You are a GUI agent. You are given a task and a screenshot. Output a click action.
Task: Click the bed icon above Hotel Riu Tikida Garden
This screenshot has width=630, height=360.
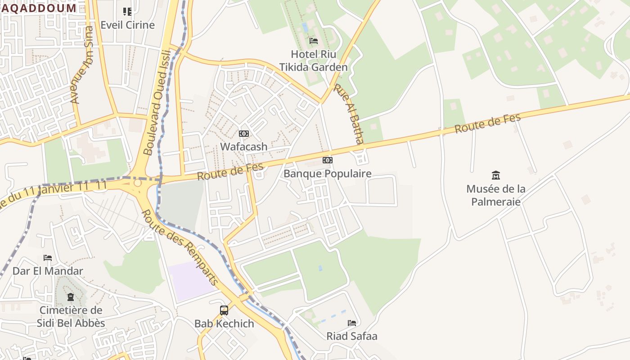click(314, 41)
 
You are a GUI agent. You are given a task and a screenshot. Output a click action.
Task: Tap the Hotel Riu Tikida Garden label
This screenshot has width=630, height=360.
click(314, 61)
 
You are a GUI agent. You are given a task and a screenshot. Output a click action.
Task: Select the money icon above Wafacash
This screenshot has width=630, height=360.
click(244, 134)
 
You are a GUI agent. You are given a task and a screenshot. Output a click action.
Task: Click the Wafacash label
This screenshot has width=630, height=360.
click(244, 147)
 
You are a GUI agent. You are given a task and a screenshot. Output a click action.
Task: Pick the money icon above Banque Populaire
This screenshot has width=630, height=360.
click(328, 160)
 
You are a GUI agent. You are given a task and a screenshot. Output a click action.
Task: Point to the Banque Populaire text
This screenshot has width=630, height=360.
click(328, 174)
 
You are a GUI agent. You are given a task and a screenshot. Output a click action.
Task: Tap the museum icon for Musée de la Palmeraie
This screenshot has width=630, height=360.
click(496, 175)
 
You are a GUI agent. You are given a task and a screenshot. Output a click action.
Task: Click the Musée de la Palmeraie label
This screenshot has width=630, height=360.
click(496, 195)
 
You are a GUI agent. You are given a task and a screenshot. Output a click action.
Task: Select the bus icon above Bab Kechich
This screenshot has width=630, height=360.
click(224, 310)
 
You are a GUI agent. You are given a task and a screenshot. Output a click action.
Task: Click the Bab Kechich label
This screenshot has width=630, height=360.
click(224, 324)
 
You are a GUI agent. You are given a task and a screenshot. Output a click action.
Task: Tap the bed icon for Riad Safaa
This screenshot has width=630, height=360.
click(352, 323)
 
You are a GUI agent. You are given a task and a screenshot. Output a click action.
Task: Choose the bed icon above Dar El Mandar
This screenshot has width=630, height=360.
click(48, 258)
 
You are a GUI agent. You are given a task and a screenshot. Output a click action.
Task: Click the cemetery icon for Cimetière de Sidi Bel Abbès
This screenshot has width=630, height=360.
click(71, 297)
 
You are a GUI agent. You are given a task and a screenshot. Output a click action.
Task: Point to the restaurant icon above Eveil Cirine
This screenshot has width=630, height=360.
click(127, 12)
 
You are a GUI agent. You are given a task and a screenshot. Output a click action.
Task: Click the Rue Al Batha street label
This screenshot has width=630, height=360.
click(348, 114)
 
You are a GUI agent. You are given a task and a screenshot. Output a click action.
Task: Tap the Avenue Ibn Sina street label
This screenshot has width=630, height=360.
click(82, 65)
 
